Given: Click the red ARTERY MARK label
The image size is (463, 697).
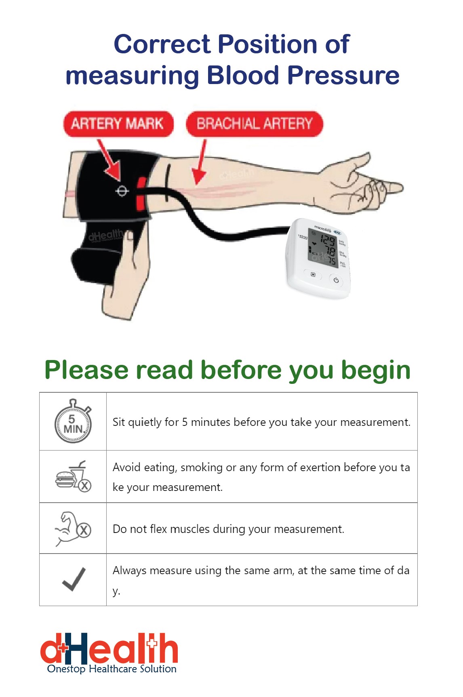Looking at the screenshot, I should pyautogui.click(x=118, y=124).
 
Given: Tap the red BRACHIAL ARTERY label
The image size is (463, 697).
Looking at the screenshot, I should pyautogui.click(x=254, y=124).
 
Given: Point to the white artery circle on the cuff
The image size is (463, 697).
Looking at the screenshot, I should pyautogui.click(x=122, y=191).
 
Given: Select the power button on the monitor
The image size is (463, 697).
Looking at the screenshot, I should pyautogui.click(x=336, y=280).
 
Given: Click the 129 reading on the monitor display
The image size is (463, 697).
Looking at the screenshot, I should pyautogui.click(x=328, y=242).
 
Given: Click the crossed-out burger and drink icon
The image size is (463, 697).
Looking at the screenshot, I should pyautogui.click(x=73, y=477).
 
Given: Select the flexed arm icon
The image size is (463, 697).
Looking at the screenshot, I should pyautogui.click(x=73, y=529).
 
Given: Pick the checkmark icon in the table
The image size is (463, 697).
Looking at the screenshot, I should pyautogui.click(x=74, y=579).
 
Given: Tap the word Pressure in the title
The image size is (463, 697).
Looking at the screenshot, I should pyautogui.click(x=343, y=76).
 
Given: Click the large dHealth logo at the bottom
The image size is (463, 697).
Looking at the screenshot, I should pyautogui.click(x=109, y=649).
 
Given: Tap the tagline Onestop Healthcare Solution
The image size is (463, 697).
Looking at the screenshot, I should pyautogui.click(x=112, y=669).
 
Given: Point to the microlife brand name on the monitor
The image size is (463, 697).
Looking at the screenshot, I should pyautogui.click(x=322, y=229).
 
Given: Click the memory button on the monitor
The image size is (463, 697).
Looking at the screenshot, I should pyautogui.click(x=313, y=274).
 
